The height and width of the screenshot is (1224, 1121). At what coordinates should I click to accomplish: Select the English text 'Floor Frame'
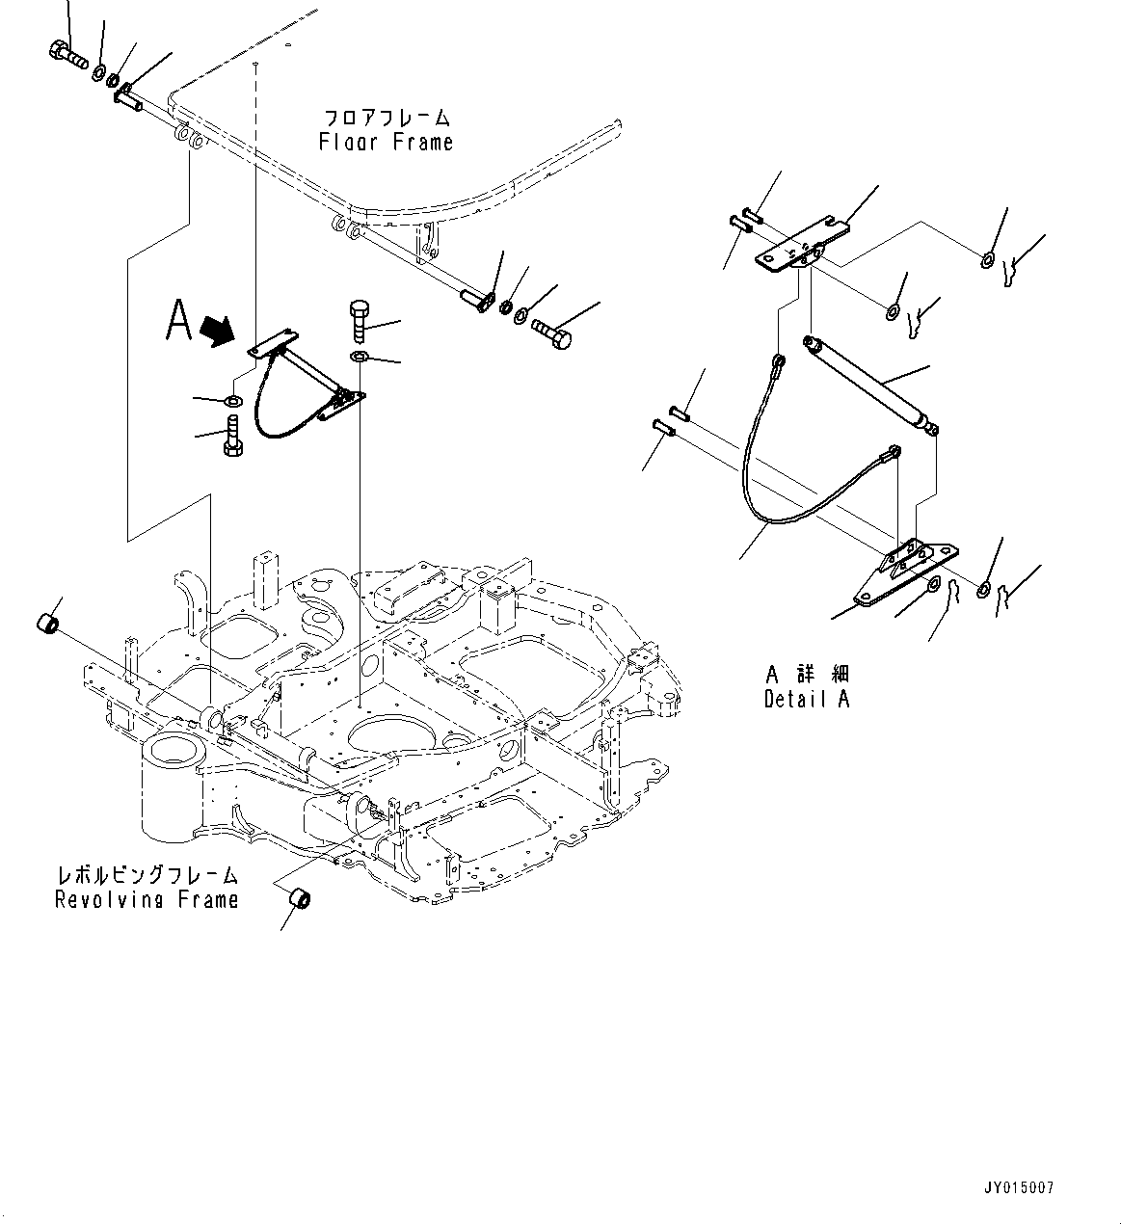pyautogui.click(x=386, y=143)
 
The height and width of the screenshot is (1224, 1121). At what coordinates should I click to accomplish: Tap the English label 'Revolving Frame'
pyautogui.click(x=147, y=900)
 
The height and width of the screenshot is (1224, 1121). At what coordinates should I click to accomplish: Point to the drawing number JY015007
pyautogui.click(x=1020, y=1187)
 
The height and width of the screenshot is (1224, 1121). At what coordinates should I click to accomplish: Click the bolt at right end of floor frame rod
pyautogui.click(x=551, y=333)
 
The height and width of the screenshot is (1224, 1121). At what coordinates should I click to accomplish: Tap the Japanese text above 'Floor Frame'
pyautogui.click(x=386, y=119)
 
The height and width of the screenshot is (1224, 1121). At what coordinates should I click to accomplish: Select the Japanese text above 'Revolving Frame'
pyautogui.click(x=147, y=876)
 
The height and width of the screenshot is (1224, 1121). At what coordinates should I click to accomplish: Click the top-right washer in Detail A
pyautogui.click(x=989, y=259)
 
